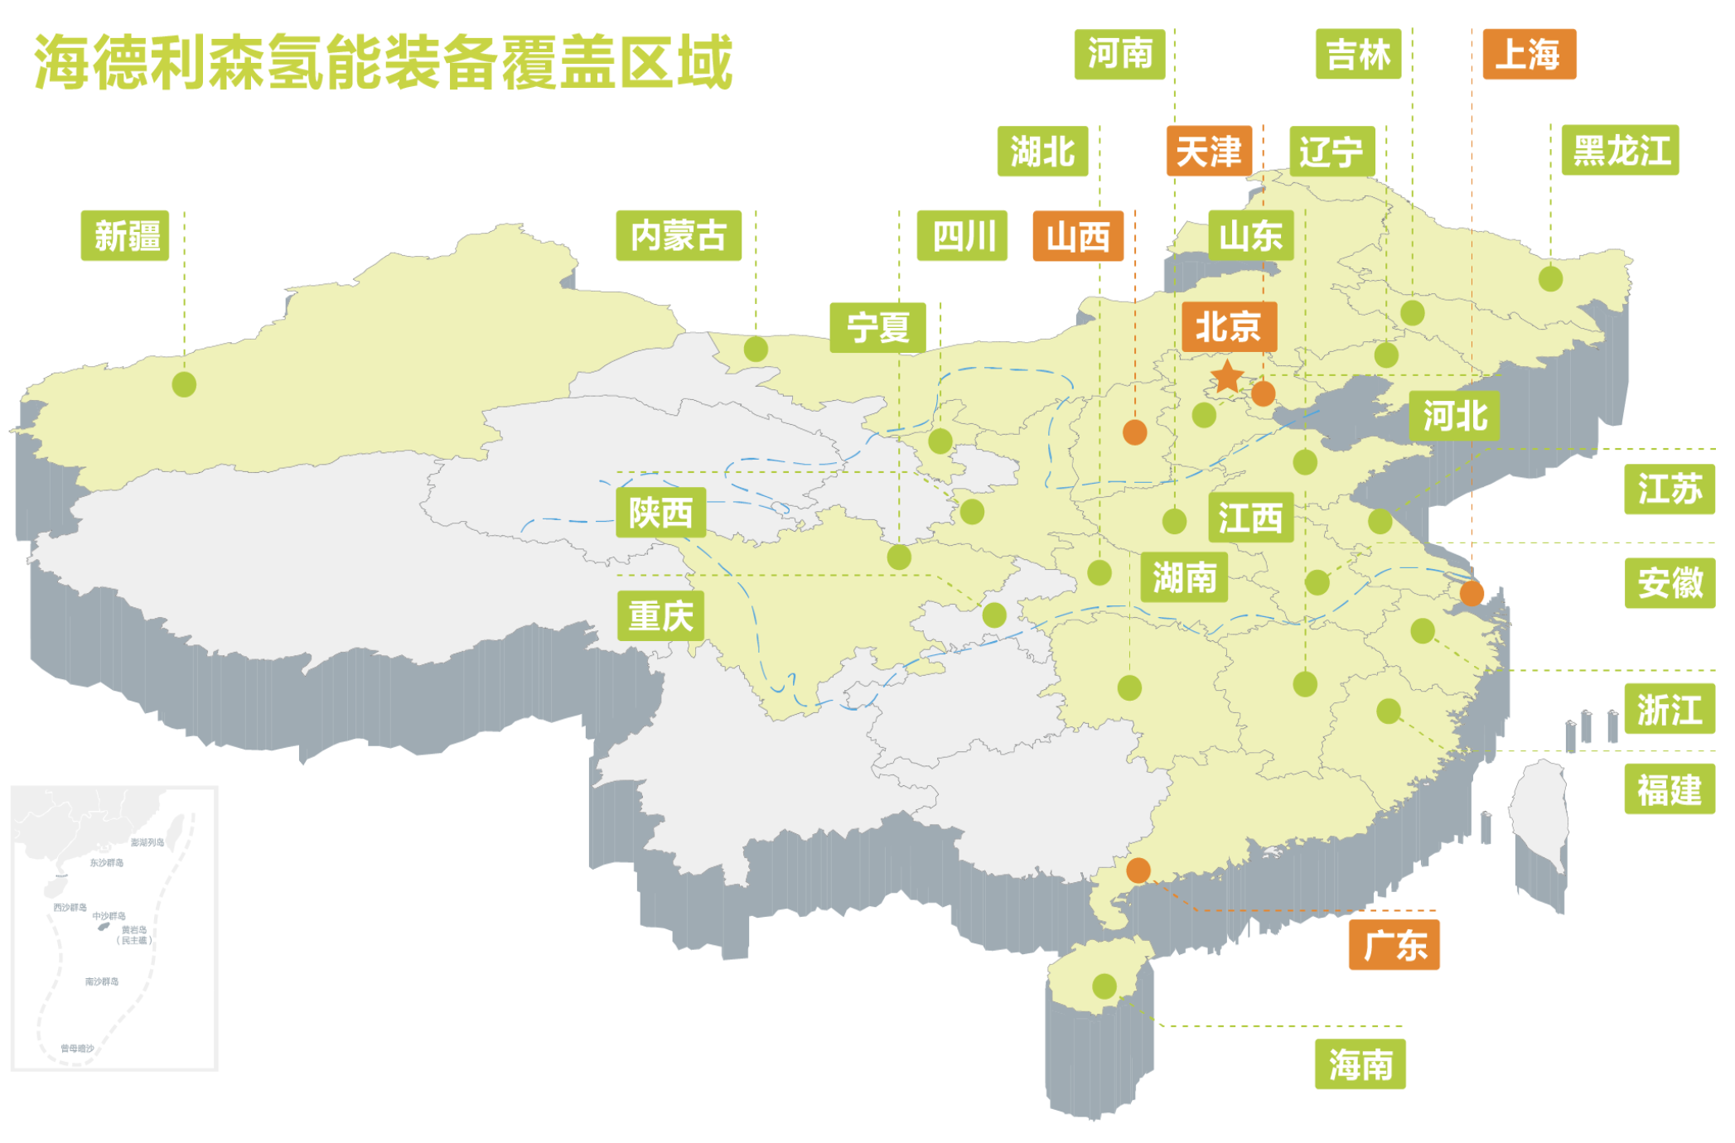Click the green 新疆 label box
pyautogui.click(x=125, y=236)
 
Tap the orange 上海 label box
pyautogui.click(x=1529, y=55)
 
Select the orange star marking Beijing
pyautogui.click(x=1227, y=377)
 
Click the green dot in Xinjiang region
pyautogui.click(x=184, y=384)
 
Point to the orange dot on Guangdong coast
pyautogui.click(x=1138, y=871)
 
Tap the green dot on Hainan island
pyautogui.click(x=1104, y=986)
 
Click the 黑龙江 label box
pyautogui.click(x=1620, y=151)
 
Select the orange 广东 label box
pyautogui.click(x=1394, y=945)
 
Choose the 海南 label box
pyautogui.click(x=1360, y=1064)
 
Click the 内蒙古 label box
pyautogui.click(x=679, y=236)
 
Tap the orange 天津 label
pyautogui.click(x=1209, y=152)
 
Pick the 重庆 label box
pyautogui.click(x=660, y=616)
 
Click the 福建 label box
pyautogui.click(x=1669, y=789)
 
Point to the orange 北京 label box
pyautogui.click(x=1229, y=326)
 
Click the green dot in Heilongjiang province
pyautogui.click(x=1550, y=278)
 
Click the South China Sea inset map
pyautogui.click(x=114, y=928)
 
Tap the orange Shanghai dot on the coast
pyautogui.click(x=1472, y=593)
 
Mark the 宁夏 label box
pyautogui.click(x=877, y=328)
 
